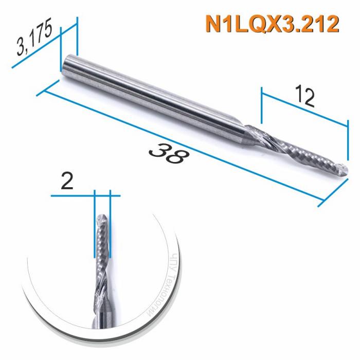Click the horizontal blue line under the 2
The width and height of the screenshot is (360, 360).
tap(85, 196)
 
